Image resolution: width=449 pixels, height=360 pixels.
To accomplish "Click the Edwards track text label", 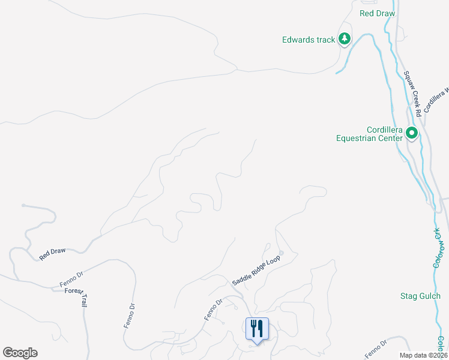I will pyautogui.click(x=308, y=40).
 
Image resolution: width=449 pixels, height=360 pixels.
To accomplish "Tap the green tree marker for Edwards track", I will pyautogui.click(x=344, y=40).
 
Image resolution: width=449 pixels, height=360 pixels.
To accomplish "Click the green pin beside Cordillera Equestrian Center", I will pyautogui.click(x=412, y=133).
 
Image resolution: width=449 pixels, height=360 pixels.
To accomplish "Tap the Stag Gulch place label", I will pyautogui.click(x=420, y=296).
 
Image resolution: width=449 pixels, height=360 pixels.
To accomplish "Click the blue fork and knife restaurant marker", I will pyautogui.click(x=257, y=328).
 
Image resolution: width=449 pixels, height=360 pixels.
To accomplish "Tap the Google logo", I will pyautogui.click(x=20, y=353).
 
